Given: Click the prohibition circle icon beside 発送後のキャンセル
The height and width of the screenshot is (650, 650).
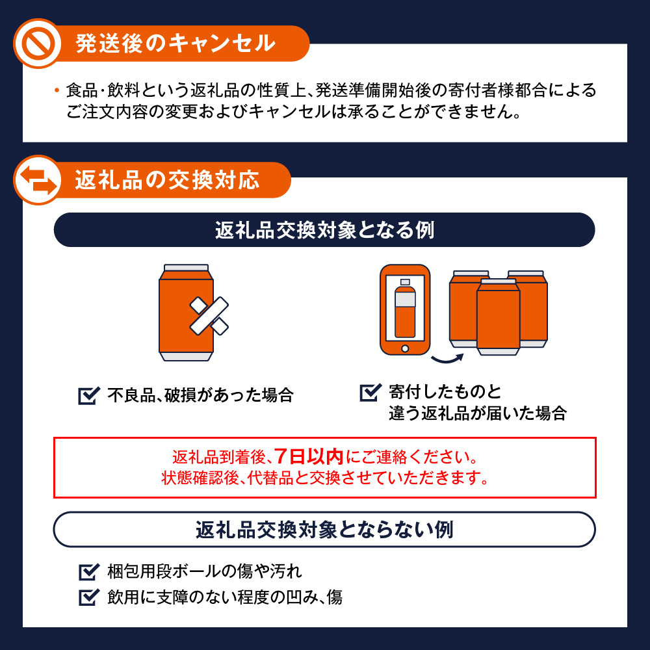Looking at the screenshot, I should pyautogui.click(x=37, y=44).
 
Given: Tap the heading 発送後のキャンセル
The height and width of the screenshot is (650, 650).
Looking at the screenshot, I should pyautogui.click(x=175, y=44).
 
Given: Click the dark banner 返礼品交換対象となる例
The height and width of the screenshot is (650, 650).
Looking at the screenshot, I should pyautogui.click(x=324, y=230).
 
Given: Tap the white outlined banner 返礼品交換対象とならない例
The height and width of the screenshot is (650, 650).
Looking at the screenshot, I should pyautogui.click(x=324, y=530).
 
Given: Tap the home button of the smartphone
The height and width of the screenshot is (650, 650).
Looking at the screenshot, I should pyautogui.click(x=405, y=347).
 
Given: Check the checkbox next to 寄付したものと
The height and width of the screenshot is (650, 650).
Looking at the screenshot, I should pyautogui.click(x=369, y=393).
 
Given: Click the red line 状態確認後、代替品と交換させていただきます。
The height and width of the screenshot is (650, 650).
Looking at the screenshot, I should pyautogui.click(x=324, y=479).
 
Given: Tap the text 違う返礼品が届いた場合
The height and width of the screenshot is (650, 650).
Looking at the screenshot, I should pyautogui.click(x=478, y=414).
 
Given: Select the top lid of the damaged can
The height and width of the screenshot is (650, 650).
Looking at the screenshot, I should pyautogui.click(x=187, y=268).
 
